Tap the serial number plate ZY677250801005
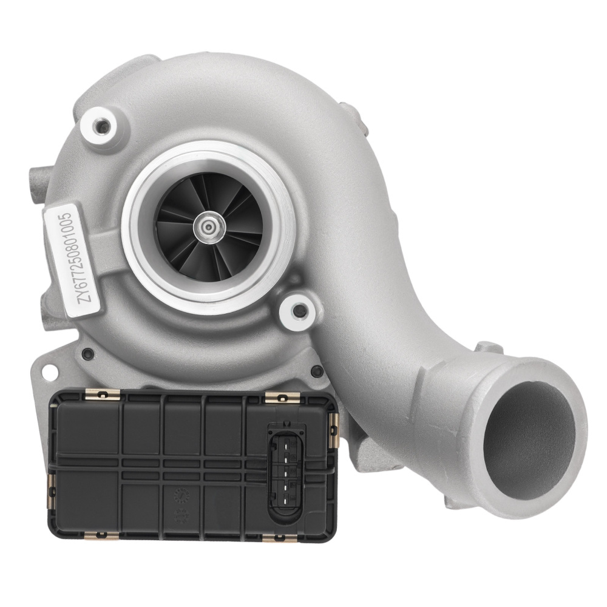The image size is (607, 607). click(x=72, y=260)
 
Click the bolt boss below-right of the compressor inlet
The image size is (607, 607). click(x=299, y=311)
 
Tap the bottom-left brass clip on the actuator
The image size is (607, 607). click(x=102, y=535)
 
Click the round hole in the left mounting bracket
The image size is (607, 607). click(x=49, y=372)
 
